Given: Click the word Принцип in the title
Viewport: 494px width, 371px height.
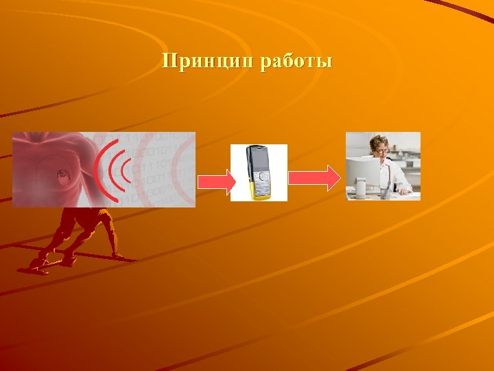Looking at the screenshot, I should coord(205,63).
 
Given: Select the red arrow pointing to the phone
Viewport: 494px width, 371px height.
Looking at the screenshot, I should coord(217,180).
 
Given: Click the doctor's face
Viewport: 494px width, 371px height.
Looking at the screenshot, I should coord(381,148).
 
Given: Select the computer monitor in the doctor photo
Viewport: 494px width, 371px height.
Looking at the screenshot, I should coord(363,174).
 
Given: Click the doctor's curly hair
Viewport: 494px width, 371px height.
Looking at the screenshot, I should coord(380,138).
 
